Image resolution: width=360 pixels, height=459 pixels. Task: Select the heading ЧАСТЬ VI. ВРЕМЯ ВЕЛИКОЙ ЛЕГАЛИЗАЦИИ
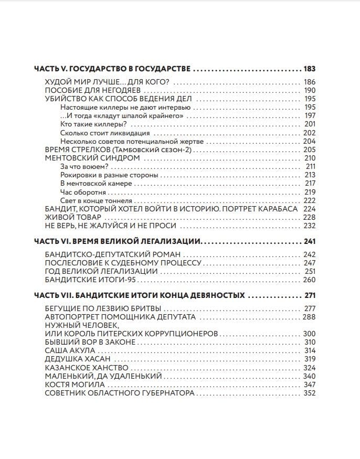point(118,242)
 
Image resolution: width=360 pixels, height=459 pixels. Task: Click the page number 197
point(309,115)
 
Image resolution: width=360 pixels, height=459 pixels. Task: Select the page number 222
point(309,200)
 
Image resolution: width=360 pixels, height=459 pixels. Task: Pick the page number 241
point(309,242)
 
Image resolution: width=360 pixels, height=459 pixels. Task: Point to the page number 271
point(310,295)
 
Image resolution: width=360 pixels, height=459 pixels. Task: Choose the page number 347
point(309,385)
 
